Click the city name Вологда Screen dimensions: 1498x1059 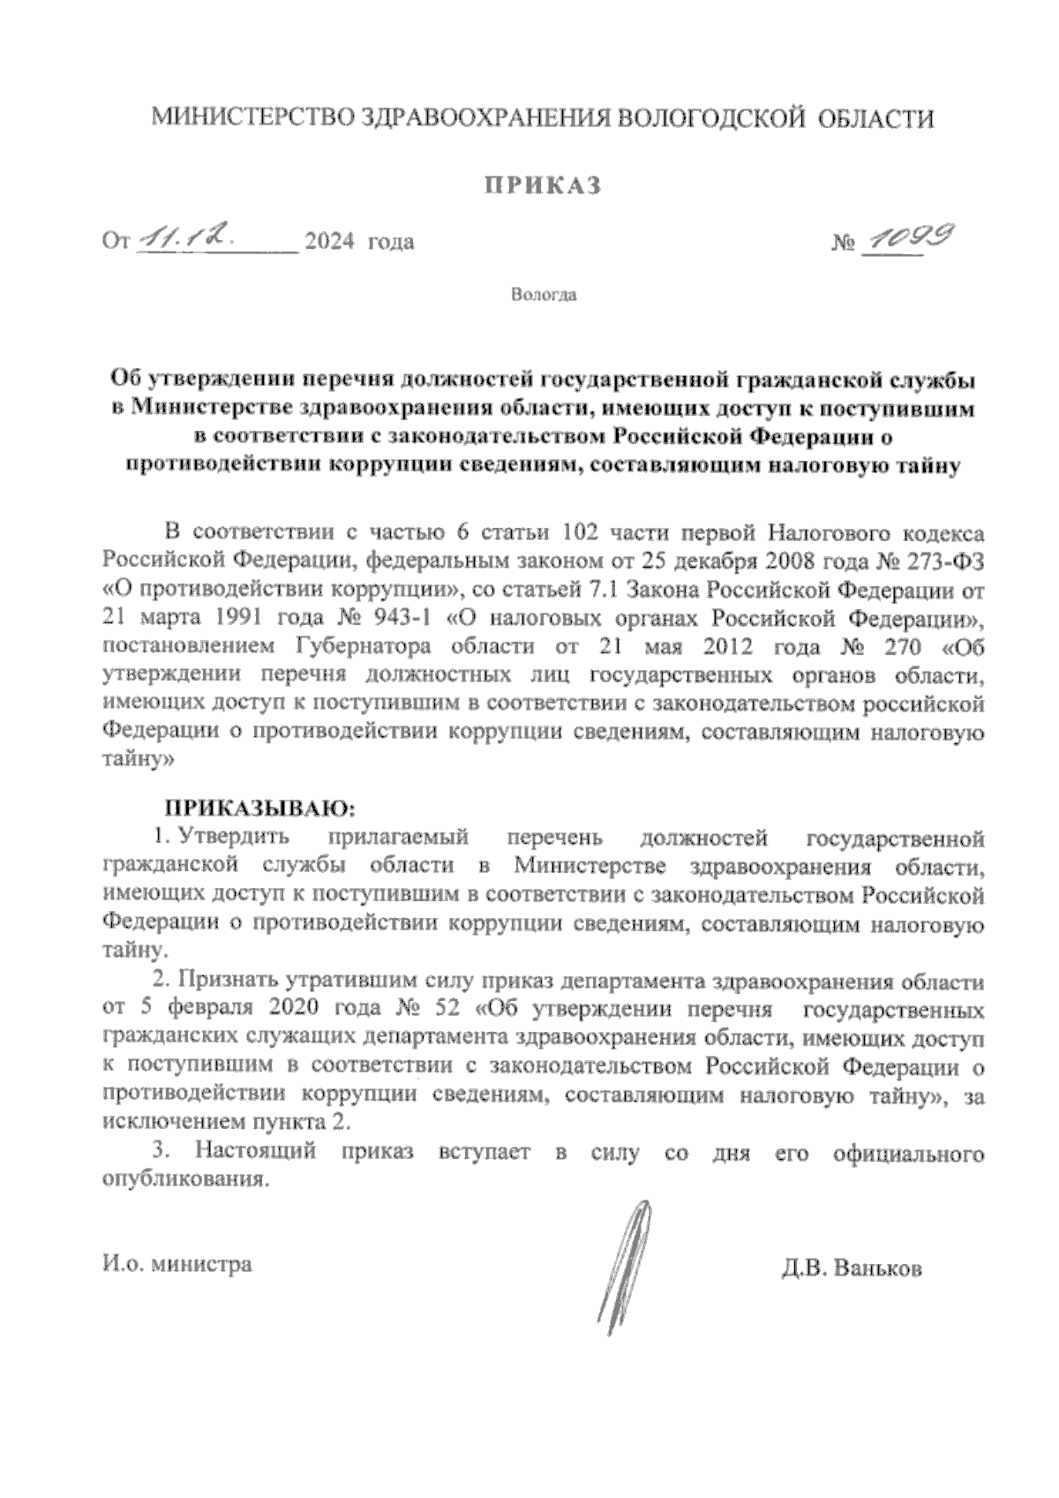click(x=544, y=295)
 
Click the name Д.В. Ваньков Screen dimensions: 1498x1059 click(x=851, y=1268)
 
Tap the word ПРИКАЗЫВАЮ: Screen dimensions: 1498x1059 click(x=260, y=807)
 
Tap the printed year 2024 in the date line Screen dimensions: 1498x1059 click(x=328, y=240)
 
